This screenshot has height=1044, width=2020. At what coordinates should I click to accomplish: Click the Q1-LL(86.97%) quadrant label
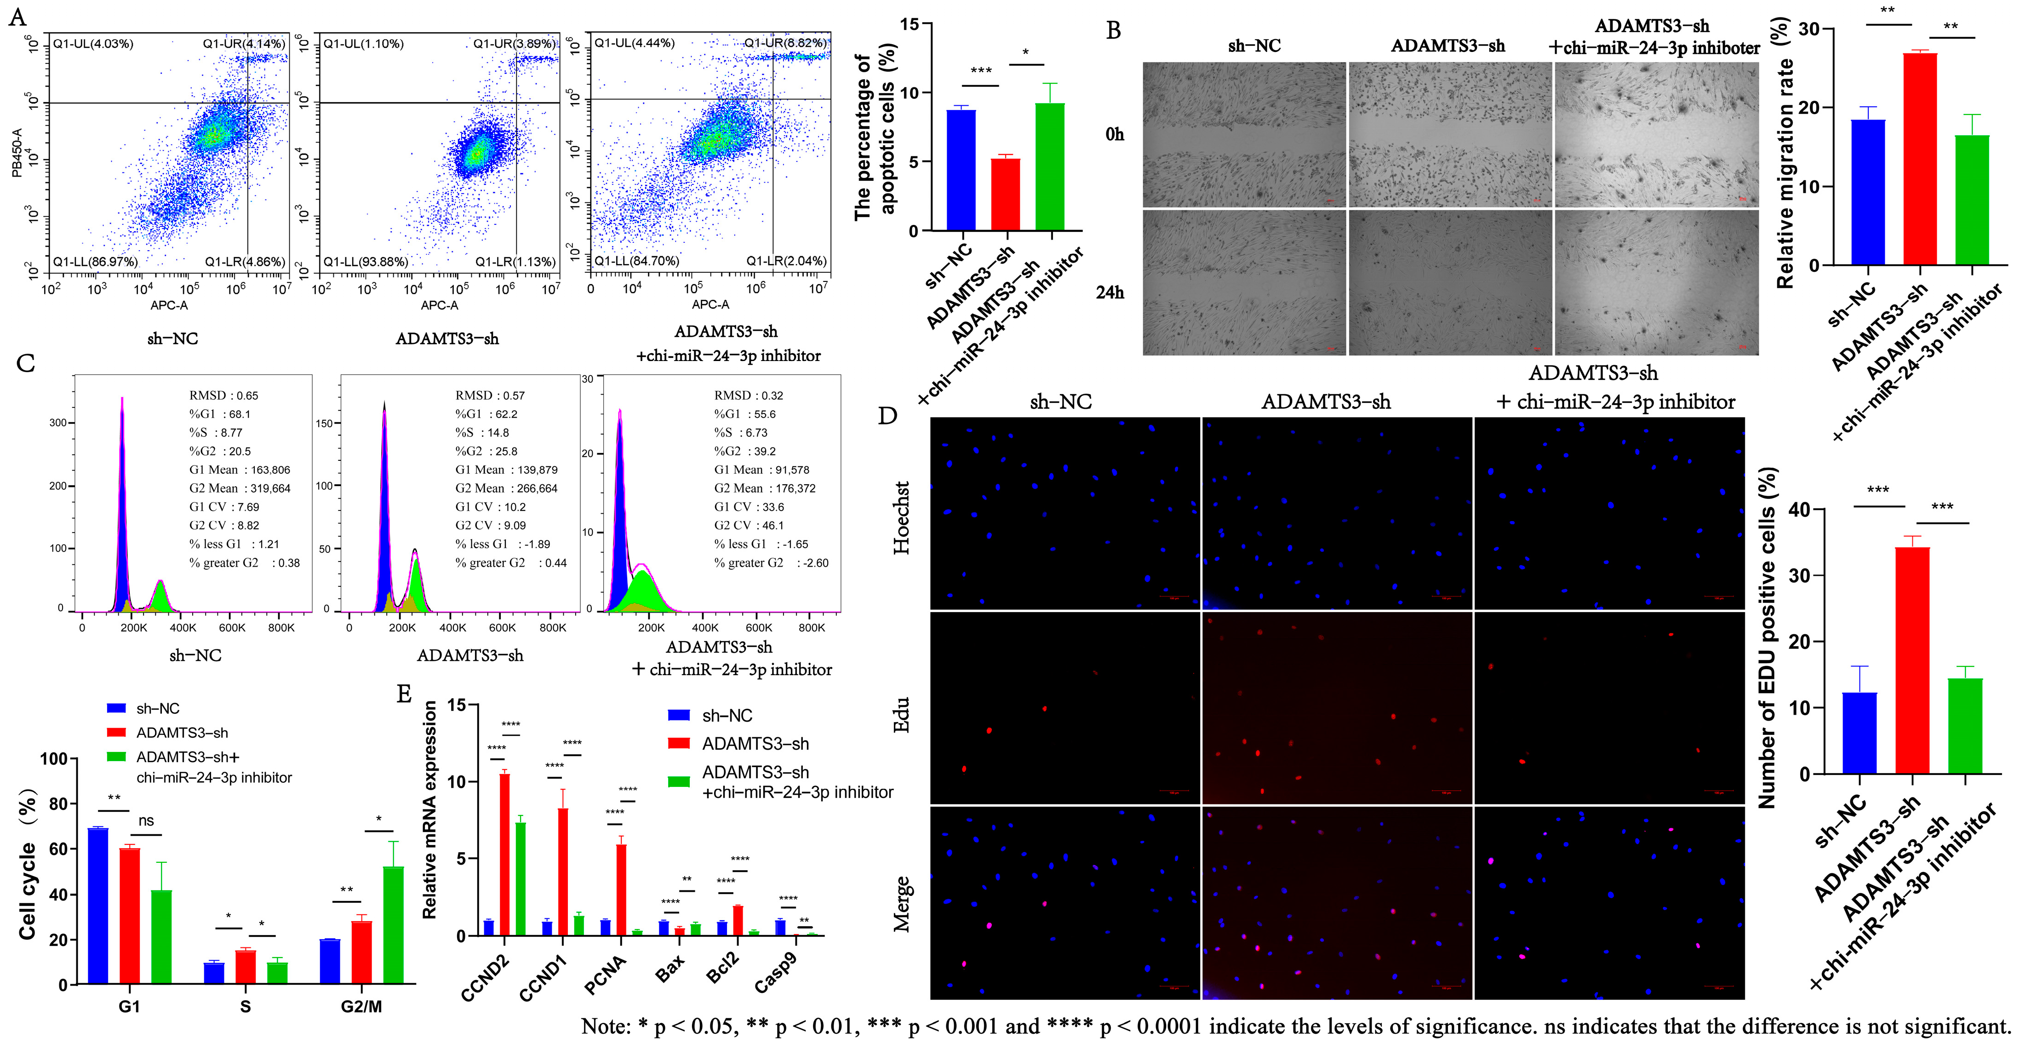pyautogui.click(x=95, y=261)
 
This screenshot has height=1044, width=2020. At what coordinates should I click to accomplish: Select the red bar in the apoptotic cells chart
pyautogui.click(x=1005, y=195)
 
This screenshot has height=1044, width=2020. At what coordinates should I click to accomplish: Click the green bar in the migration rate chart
pyautogui.click(x=1971, y=200)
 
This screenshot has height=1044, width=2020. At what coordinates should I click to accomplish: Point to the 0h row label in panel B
pyautogui.click(x=1114, y=134)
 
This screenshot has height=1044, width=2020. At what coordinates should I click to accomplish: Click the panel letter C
pyautogui.click(x=25, y=363)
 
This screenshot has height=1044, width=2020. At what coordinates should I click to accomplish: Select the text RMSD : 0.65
pyautogui.click(x=223, y=396)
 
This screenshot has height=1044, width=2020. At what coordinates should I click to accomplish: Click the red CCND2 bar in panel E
pyautogui.click(x=504, y=855)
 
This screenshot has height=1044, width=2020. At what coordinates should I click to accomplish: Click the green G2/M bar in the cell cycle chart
pyautogui.click(x=393, y=925)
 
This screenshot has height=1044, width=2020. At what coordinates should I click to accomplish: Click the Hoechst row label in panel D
pyautogui.click(x=902, y=518)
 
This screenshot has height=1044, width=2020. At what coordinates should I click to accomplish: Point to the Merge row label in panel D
pyautogui.click(x=902, y=904)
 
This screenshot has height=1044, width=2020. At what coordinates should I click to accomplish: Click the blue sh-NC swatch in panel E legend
pyautogui.click(x=678, y=715)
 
